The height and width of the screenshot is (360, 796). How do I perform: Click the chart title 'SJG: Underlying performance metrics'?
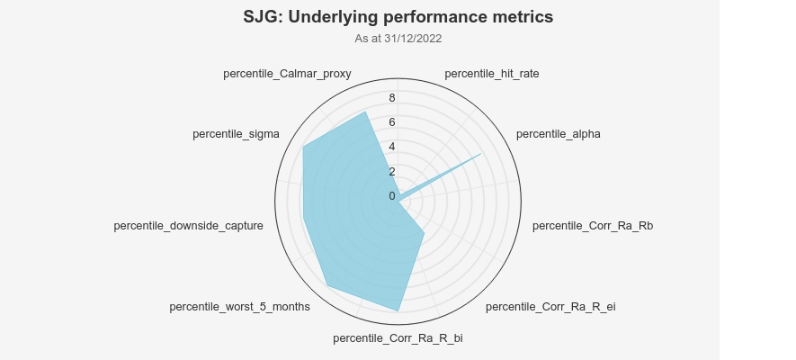click(x=398, y=17)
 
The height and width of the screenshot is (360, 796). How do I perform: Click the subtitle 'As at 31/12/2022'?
click(x=398, y=39)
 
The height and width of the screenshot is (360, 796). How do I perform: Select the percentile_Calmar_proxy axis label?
click(x=287, y=74)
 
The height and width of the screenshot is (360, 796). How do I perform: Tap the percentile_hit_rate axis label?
click(x=492, y=74)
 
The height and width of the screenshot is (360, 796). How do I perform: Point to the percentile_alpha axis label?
click(x=558, y=134)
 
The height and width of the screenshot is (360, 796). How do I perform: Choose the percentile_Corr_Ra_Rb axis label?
click(x=593, y=225)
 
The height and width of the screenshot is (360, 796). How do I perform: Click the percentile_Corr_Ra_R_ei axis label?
click(x=550, y=307)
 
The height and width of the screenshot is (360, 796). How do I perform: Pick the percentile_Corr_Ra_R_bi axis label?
click(x=398, y=338)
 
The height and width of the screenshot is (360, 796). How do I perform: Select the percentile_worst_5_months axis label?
click(x=239, y=307)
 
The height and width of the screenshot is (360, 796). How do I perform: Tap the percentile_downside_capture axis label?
click(x=188, y=225)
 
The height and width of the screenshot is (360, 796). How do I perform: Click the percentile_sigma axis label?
click(x=236, y=134)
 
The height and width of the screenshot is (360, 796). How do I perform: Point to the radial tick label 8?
click(x=391, y=98)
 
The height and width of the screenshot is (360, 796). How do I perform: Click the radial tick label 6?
click(x=391, y=122)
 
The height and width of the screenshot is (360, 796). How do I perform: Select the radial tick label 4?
click(x=391, y=147)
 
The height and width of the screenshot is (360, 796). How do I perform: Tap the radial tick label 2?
click(x=391, y=172)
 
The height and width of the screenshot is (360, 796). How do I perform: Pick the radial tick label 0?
click(x=391, y=196)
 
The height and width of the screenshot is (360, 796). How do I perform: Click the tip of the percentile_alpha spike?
click(x=481, y=154)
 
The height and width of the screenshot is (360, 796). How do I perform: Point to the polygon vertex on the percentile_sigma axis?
click(x=303, y=147)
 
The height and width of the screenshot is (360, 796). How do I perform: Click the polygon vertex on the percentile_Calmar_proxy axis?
click(x=364, y=112)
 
